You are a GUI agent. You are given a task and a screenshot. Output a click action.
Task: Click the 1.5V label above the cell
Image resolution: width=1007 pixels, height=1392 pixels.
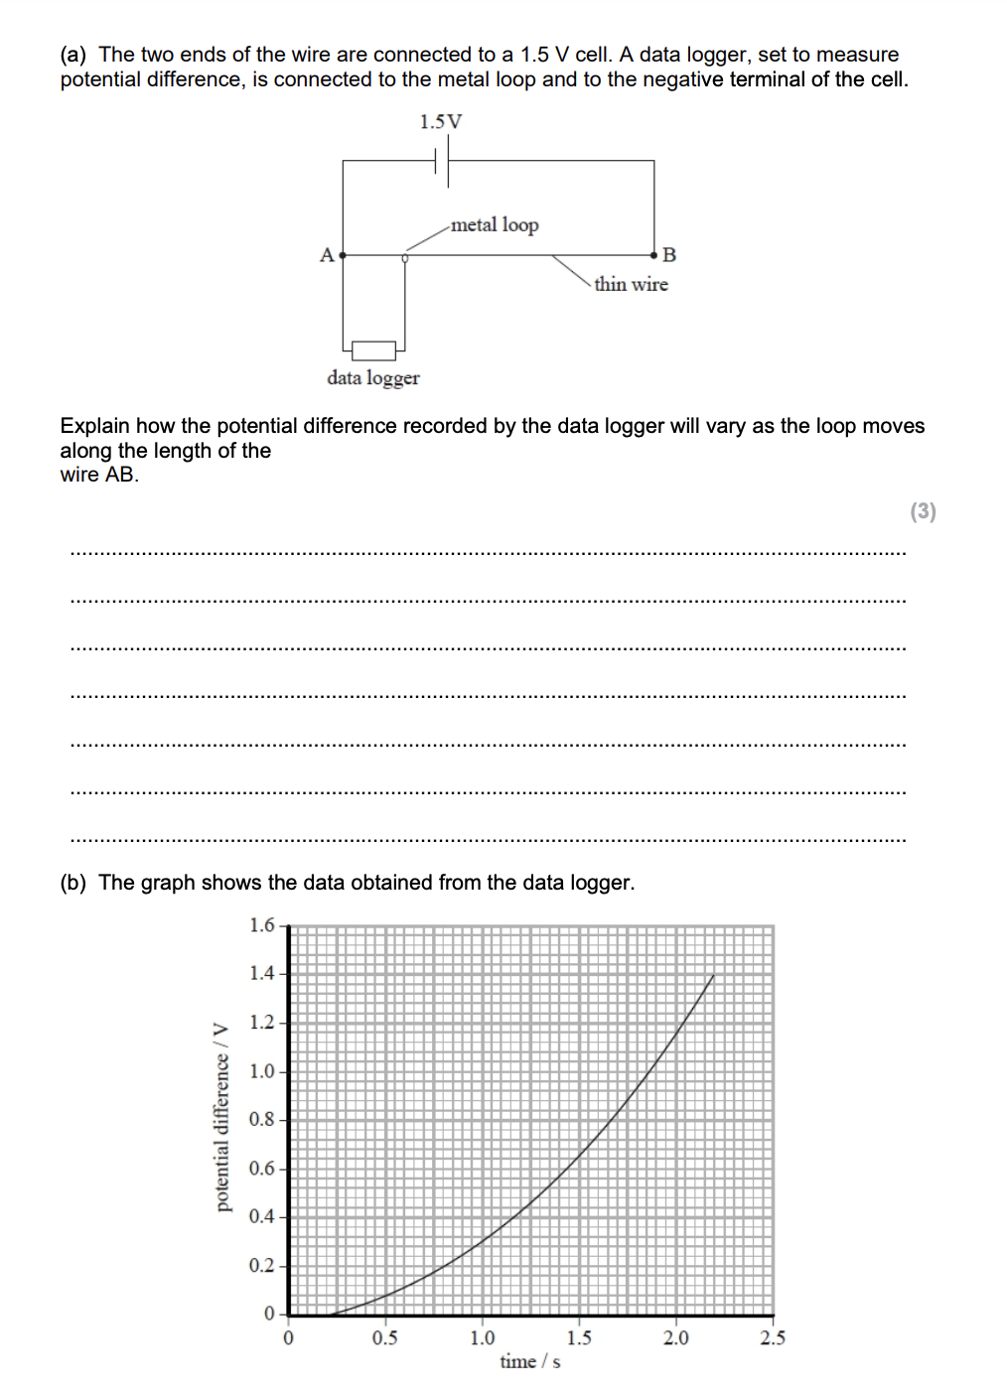[440, 122]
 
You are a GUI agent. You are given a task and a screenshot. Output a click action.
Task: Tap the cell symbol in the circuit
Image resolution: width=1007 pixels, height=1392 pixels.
[444, 160]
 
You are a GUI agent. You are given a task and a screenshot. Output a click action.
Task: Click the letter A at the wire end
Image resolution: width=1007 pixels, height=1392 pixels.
[326, 255]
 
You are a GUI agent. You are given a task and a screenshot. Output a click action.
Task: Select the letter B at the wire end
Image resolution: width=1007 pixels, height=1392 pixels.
[668, 255]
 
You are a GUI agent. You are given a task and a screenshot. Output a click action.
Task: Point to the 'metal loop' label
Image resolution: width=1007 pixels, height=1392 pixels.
[495, 225]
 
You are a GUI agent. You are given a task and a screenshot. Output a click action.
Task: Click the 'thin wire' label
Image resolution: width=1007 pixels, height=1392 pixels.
[631, 285]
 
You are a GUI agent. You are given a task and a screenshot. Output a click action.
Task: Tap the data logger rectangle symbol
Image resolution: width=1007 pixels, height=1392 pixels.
[373, 349]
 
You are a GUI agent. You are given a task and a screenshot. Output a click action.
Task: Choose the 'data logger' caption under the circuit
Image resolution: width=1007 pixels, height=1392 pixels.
[373, 378]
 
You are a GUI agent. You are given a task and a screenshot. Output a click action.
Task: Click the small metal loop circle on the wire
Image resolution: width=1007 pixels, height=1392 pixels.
[404, 257]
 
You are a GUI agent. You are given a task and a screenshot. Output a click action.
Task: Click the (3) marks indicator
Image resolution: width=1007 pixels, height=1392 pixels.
[923, 511]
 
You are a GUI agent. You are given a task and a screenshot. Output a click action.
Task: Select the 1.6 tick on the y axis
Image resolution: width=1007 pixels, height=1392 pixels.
[262, 925]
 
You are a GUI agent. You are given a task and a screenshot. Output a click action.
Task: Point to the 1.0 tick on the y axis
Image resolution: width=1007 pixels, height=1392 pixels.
[262, 1071]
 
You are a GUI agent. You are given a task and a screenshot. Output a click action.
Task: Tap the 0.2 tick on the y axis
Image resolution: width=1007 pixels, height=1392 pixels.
[262, 1266]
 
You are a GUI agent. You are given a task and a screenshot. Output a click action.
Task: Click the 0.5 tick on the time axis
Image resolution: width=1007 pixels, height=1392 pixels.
[385, 1338]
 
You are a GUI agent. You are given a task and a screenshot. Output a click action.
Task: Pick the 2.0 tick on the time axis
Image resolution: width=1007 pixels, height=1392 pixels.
[676, 1338]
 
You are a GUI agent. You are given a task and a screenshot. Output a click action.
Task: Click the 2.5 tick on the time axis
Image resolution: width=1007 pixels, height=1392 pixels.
[773, 1338]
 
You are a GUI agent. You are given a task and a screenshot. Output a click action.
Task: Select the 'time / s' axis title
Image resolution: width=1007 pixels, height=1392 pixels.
[529, 1362]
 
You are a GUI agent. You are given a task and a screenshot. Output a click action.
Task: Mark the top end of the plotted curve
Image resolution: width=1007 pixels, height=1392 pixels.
[713, 976]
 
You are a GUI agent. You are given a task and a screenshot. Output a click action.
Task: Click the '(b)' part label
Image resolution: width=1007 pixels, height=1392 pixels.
[72, 883]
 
